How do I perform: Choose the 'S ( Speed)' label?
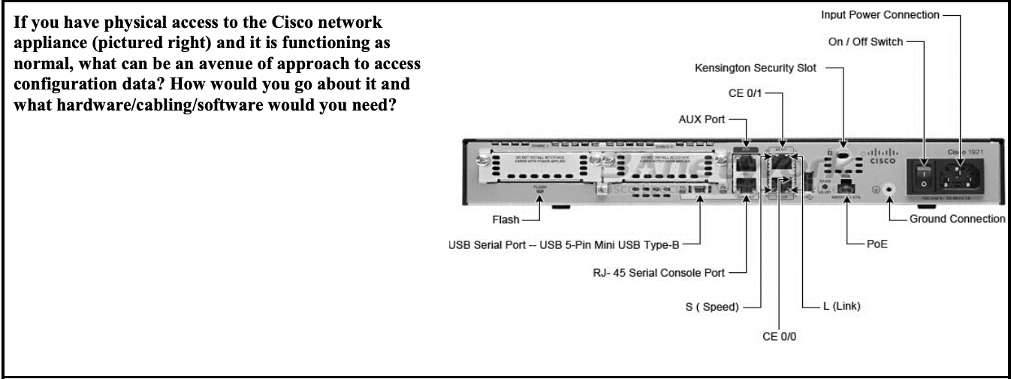(714, 306)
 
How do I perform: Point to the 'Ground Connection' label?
(957, 219)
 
